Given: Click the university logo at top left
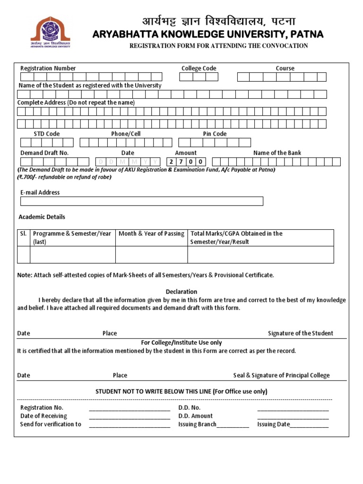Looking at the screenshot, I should (x=50, y=32).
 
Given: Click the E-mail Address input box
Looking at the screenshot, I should (x=141, y=201).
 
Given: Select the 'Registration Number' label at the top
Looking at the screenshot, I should (x=48, y=69).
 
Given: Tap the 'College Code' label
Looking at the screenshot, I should (x=199, y=69).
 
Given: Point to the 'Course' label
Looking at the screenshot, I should (x=285, y=69).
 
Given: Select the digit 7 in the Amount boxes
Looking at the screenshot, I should (x=181, y=162).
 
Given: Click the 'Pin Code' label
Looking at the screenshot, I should (x=215, y=134).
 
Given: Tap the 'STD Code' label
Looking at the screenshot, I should (x=46, y=134).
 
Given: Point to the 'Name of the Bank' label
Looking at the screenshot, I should (x=277, y=153).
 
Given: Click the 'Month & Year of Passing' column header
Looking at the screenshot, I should (x=151, y=233).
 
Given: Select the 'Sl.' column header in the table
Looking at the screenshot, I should (x=23, y=233).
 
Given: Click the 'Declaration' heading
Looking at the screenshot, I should (x=181, y=292).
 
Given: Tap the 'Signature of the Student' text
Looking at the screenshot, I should (x=300, y=333).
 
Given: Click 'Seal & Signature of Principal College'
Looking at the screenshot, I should (x=281, y=375).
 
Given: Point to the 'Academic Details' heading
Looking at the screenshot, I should (x=42, y=217).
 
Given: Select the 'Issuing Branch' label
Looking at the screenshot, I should (x=197, y=424).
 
